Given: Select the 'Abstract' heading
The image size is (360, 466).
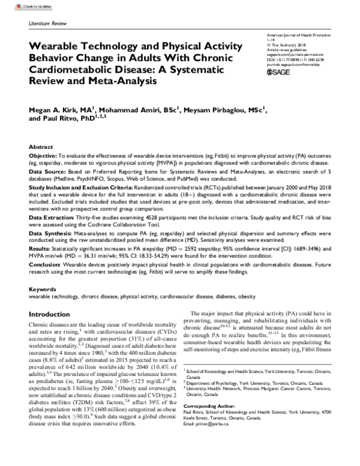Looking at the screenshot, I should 41,147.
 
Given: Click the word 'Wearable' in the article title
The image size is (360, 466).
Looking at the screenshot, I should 56,46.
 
